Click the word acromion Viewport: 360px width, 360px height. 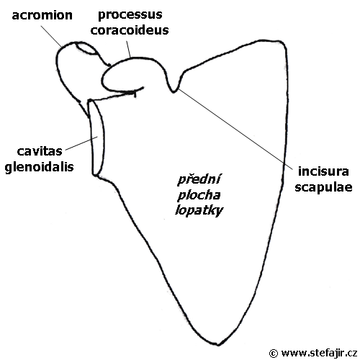point(42,15)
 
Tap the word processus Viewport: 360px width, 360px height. point(130,15)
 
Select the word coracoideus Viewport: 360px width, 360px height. point(130,30)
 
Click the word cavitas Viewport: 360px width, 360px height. point(40,151)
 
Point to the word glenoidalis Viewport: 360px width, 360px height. point(39,167)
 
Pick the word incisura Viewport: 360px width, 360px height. point(323,171)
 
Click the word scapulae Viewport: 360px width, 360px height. point(323,187)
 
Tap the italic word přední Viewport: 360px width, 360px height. point(199,179)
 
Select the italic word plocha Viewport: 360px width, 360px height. point(199,195)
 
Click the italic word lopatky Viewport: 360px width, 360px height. point(199,211)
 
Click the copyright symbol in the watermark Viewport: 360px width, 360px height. point(274,354)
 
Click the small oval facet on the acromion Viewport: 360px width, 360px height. point(86,49)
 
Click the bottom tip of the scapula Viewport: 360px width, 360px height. point(218,345)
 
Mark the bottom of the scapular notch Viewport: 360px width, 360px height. point(174,92)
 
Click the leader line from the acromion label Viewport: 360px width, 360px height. point(51,36)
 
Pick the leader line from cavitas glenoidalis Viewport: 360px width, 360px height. point(81,143)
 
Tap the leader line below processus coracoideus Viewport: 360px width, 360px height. point(128,49)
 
